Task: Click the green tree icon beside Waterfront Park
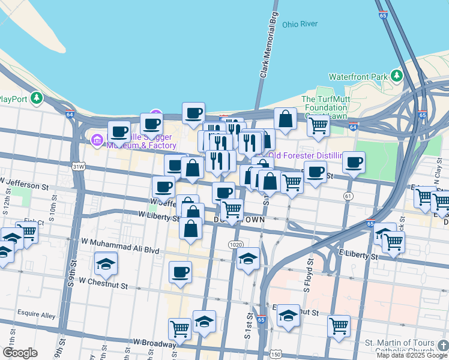(396, 76)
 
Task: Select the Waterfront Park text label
(358, 77)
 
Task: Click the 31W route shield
(78, 166)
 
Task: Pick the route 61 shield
(348, 196)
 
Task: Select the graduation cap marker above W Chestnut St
(106, 263)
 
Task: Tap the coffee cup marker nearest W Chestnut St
(180, 272)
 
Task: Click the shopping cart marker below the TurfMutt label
(318, 125)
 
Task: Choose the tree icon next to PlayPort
(37, 97)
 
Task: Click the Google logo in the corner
(20, 352)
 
